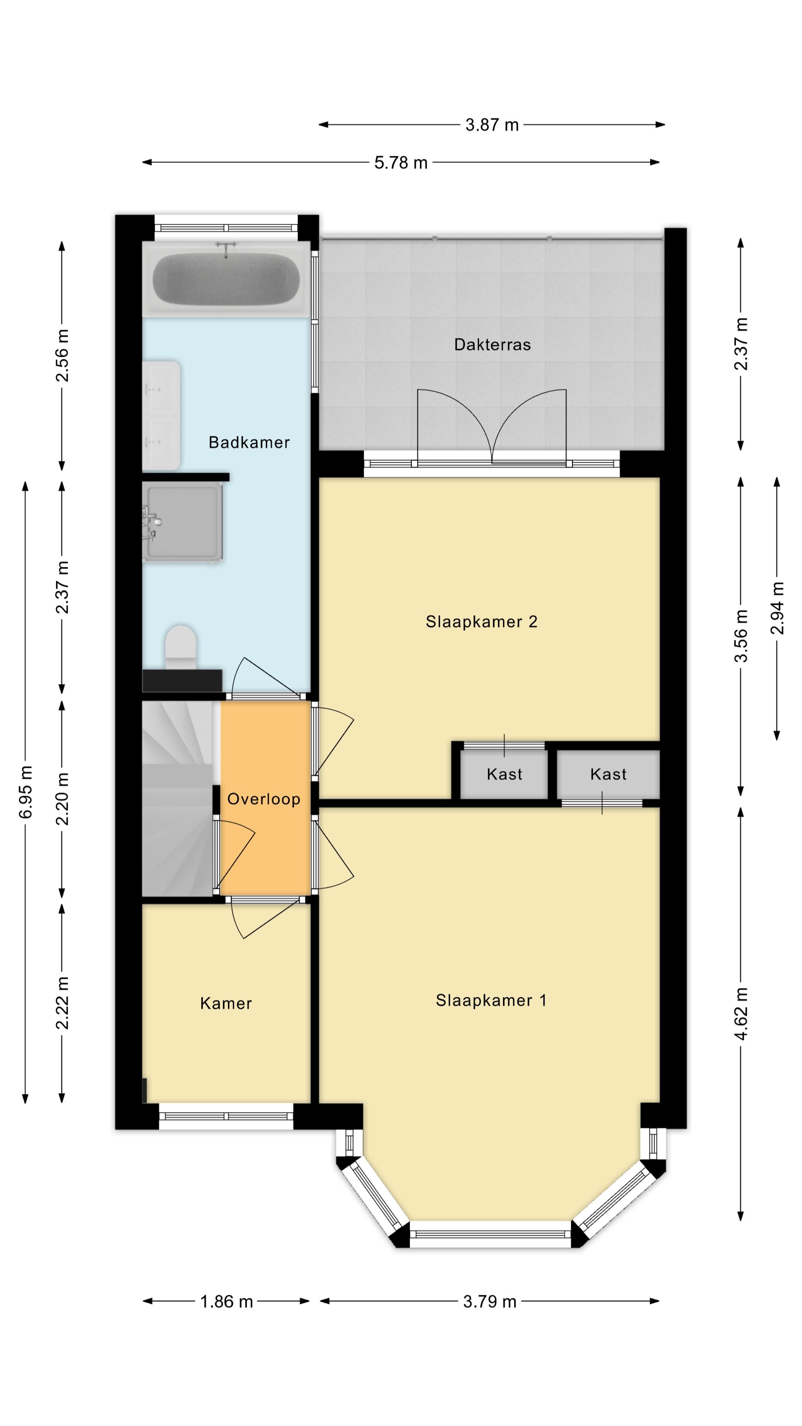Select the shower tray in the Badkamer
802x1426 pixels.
(x=183, y=522)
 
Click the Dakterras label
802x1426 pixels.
(x=492, y=345)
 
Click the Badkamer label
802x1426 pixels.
(x=249, y=442)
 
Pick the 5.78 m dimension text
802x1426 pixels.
(x=401, y=163)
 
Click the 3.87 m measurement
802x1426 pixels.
(x=492, y=125)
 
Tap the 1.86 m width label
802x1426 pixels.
(x=226, y=1302)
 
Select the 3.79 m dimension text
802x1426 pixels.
(x=490, y=1302)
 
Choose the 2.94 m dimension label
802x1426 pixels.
(x=777, y=608)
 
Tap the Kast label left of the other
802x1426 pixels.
(x=504, y=774)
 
